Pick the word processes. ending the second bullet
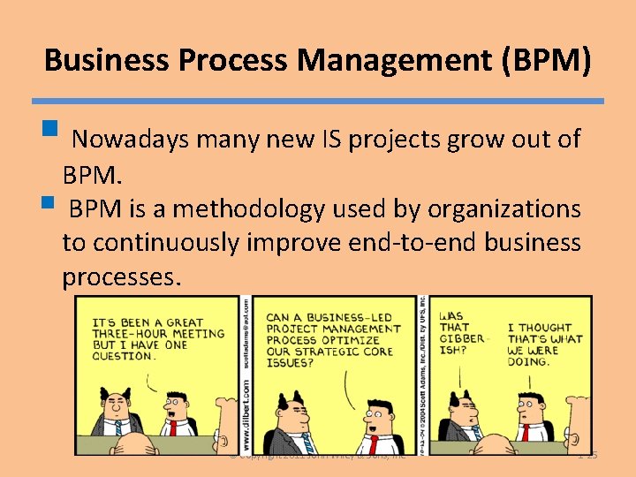(122, 277)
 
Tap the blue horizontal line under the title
(318, 102)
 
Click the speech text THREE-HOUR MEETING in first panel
(159, 334)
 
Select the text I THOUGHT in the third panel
(539, 328)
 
